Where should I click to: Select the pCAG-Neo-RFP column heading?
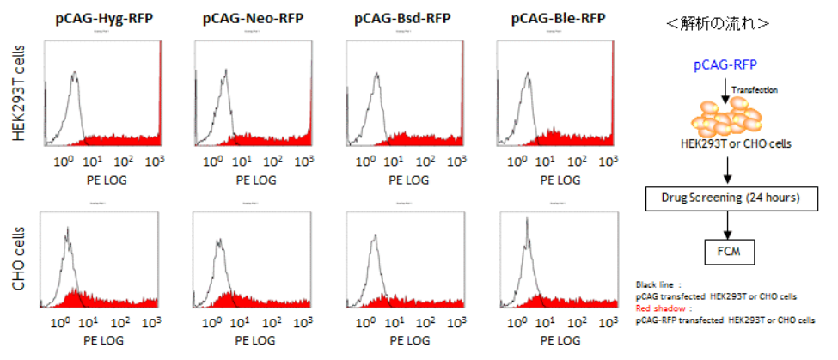pos(248,17)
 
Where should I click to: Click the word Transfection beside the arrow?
pos(755,88)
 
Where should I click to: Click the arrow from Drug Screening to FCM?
pos(727,226)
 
